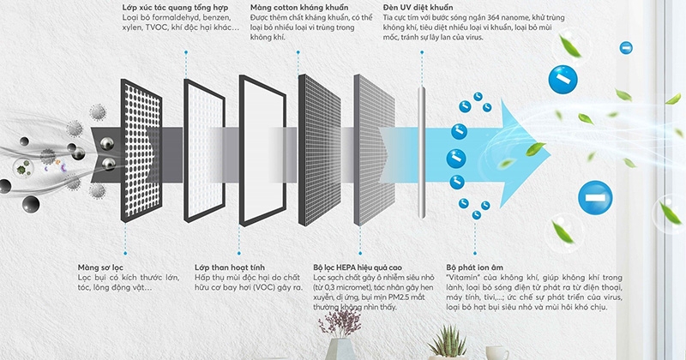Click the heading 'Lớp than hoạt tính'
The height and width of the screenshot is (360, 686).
[x=226, y=267]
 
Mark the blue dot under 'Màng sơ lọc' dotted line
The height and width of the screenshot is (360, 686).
[x=126, y=253]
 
